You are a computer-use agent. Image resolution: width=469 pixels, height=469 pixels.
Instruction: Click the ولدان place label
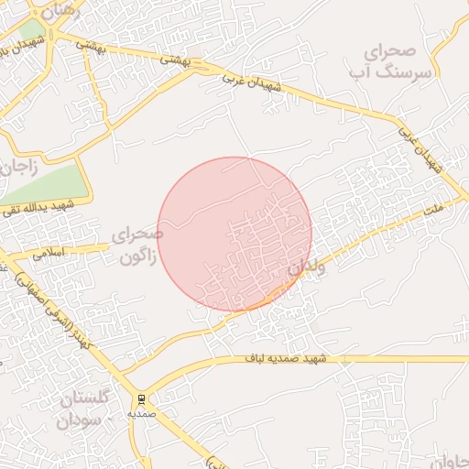click(x=307, y=267)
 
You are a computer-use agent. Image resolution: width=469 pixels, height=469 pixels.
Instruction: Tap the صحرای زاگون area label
click(x=136, y=245)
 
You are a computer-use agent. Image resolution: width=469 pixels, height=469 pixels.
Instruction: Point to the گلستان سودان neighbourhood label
click(x=84, y=409)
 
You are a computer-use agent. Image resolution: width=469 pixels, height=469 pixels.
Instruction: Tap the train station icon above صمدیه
click(x=141, y=399)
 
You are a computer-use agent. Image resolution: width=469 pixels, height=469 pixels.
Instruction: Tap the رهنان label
click(x=60, y=11)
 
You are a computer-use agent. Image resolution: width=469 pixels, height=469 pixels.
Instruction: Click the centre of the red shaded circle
click(x=234, y=234)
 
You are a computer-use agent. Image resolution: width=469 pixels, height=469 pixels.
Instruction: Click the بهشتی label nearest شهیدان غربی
click(x=174, y=59)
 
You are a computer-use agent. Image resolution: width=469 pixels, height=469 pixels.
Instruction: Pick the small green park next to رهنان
click(x=32, y=28)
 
